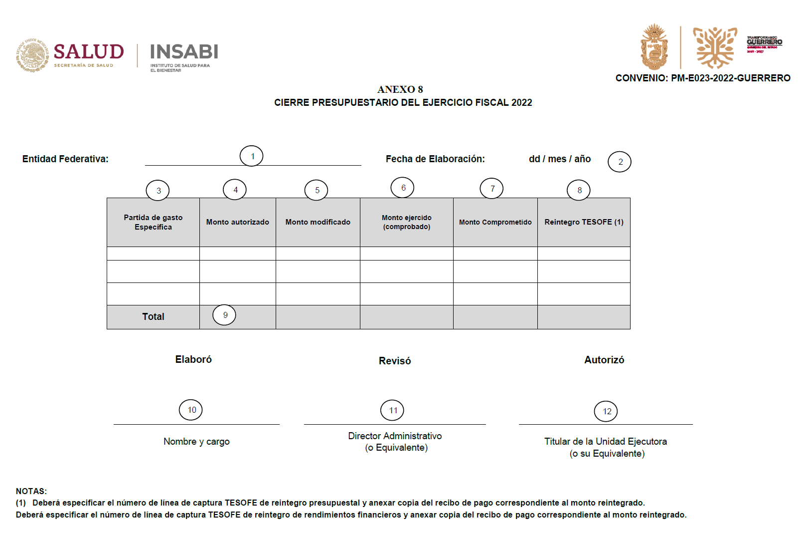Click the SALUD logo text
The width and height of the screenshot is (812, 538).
click(88, 52)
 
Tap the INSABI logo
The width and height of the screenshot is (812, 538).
click(184, 52)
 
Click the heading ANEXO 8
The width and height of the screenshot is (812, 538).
click(400, 89)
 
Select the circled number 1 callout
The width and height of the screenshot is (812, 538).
click(252, 156)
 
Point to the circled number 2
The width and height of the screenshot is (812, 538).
click(620, 162)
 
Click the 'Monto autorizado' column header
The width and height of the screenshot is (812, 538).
click(238, 222)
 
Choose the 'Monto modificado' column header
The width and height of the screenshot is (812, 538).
click(318, 222)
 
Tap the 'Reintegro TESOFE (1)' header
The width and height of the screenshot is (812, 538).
click(584, 222)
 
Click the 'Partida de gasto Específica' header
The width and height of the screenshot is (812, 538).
click(153, 222)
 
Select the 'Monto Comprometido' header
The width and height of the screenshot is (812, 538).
click(495, 222)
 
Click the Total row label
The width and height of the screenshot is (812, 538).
click(153, 316)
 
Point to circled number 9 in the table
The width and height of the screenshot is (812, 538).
click(224, 315)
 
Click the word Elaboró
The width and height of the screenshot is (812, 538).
click(193, 359)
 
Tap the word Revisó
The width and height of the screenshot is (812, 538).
click(395, 361)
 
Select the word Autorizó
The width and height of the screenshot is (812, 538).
click(604, 360)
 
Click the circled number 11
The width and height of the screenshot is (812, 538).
click(392, 410)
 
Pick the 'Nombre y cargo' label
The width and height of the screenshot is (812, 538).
click(196, 442)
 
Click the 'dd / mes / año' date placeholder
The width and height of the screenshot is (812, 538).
click(560, 159)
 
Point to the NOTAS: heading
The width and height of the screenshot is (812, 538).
click(31, 491)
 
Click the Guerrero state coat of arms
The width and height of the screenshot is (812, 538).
click(654, 47)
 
